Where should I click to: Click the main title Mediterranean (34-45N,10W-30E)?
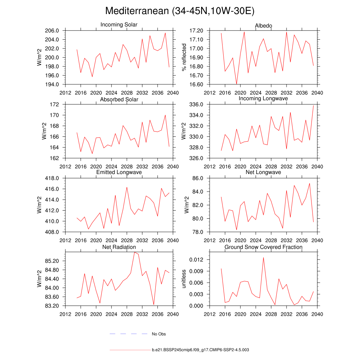(x=180, y=11)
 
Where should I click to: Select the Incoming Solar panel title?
(x=119, y=25)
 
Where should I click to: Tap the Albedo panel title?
(x=263, y=26)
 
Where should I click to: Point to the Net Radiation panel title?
(x=119, y=247)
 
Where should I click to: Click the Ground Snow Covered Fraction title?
(x=263, y=247)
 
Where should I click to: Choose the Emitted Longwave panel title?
(x=119, y=172)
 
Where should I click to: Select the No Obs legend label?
(x=159, y=334)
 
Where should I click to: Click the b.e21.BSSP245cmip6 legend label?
(x=200, y=350)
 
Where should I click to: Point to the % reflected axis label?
(x=183, y=57)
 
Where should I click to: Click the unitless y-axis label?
(x=183, y=279)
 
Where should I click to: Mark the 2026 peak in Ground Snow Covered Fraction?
(x=263, y=257)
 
